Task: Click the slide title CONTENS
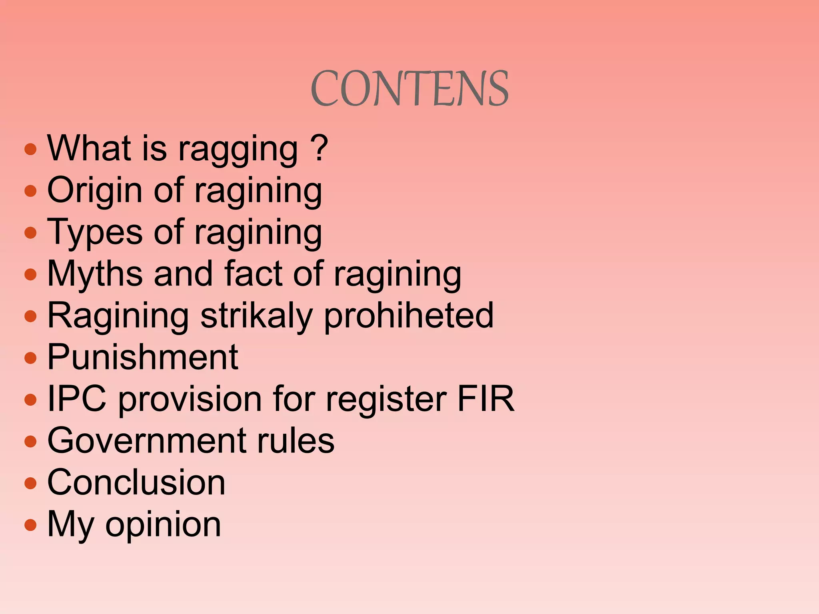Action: pos(409,88)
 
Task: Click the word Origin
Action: pos(94,191)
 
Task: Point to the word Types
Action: pos(95,233)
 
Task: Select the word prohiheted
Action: pos(409,316)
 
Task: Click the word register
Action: pos(386,399)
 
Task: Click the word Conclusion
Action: pos(136,482)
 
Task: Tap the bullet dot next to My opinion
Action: pos(30,524)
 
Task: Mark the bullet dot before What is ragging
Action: pos(30,150)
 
